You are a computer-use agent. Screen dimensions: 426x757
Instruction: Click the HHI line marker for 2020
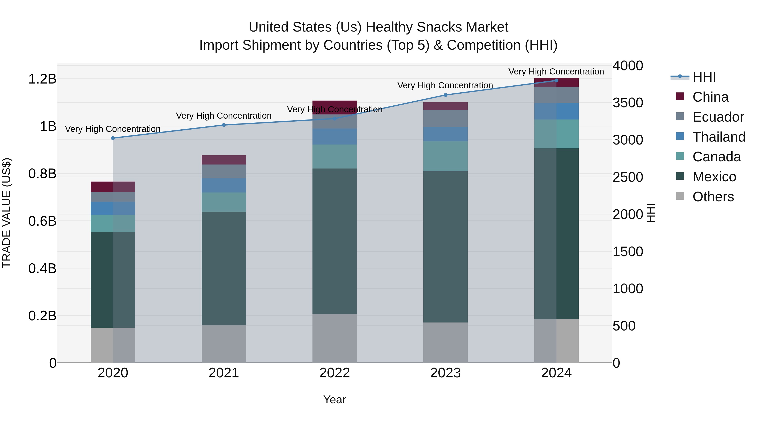(x=113, y=138)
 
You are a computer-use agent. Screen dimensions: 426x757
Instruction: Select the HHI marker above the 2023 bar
(x=446, y=95)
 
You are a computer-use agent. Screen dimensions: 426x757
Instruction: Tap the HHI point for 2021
(x=224, y=125)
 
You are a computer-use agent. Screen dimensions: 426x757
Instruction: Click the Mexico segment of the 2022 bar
(x=334, y=241)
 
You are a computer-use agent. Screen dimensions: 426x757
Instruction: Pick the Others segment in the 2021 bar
(x=224, y=344)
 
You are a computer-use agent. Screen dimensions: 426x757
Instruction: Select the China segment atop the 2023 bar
(x=446, y=106)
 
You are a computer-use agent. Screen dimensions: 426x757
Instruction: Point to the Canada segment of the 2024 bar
(x=556, y=134)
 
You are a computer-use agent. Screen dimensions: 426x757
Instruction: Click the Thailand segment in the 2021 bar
(x=224, y=185)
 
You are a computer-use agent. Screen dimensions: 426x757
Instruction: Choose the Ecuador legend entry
(x=718, y=117)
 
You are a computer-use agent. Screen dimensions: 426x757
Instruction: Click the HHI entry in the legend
(x=704, y=77)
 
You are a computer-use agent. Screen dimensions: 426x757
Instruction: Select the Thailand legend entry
(x=719, y=137)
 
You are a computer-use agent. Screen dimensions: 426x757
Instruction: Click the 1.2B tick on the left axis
(x=42, y=79)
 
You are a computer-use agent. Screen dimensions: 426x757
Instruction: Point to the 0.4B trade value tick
(x=42, y=268)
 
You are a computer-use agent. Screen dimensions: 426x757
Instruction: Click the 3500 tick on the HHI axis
(x=628, y=103)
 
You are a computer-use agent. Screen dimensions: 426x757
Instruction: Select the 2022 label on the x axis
(x=334, y=373)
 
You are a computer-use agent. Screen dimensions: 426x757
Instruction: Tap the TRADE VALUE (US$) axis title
(x=7, y=213)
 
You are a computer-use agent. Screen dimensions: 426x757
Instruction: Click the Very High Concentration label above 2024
(x=556, y=72)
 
